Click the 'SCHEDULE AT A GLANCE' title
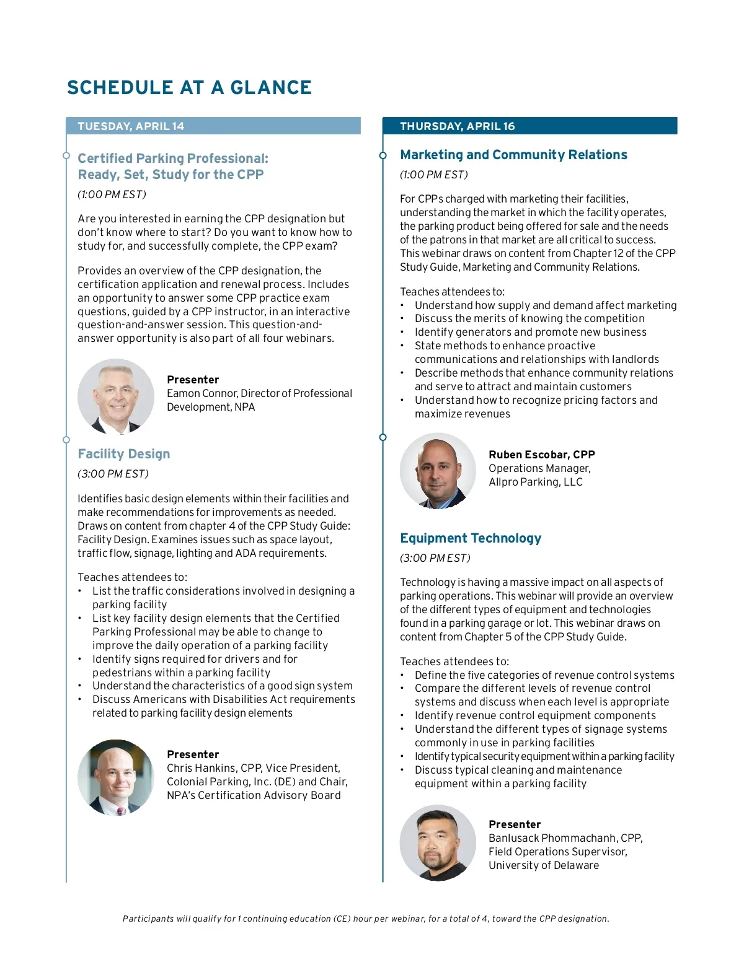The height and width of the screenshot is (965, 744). click(x=189, y=88)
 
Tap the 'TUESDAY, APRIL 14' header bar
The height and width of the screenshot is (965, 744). click(x=213, y=126)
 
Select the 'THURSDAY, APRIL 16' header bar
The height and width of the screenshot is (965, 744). click(x=529, y=126)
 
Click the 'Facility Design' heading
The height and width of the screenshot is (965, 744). click(x=124, y=454)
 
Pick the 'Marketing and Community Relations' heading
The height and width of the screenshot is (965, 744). click(x=513, y=155)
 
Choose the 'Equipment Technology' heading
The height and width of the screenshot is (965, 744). click(x=471, y=538)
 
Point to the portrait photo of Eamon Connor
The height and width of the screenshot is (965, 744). click(x=116, y=396)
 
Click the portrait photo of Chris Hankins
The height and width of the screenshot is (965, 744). click(x=116, y=777)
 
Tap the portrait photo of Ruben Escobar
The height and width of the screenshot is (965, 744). click(x=438, y=471)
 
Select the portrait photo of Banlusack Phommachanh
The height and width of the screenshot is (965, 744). click(x=438, y=842)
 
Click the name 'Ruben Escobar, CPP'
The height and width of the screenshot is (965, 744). click(x=541, y=455)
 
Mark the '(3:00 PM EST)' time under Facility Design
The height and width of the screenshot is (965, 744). click(x=113, y=474)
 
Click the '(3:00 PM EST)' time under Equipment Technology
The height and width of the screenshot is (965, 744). click(x=435, y=558)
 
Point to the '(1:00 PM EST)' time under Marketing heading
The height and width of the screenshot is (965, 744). click(x=433, y=175)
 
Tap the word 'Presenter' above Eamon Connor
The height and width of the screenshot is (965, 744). click(x=193, y=380)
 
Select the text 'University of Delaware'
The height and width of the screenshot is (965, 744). click(x=543, y=865)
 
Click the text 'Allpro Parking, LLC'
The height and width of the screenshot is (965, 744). click(x=535, y=482)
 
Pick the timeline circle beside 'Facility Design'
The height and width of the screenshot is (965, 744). click(x=66, y=440)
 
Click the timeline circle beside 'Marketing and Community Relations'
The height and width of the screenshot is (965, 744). click(x=383, y=155)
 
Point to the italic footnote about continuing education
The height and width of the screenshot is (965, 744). click(x=366, y=919)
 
